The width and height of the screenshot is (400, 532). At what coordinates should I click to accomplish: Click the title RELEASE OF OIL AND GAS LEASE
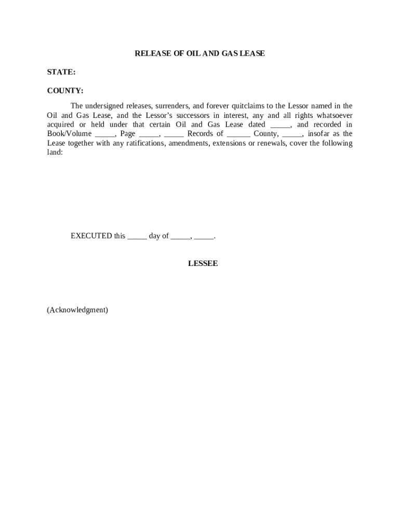(199, 54)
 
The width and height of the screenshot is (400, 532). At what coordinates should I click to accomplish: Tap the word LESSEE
(203, 264)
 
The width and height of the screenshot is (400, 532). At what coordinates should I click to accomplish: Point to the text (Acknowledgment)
(77, 310)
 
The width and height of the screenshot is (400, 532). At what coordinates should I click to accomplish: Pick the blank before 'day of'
(137, 236)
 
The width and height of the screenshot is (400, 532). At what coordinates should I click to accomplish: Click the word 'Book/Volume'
(69, 134)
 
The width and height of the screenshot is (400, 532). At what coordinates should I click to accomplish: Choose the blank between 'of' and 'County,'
(238, 134)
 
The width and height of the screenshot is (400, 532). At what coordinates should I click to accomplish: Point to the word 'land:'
(55, 153)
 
